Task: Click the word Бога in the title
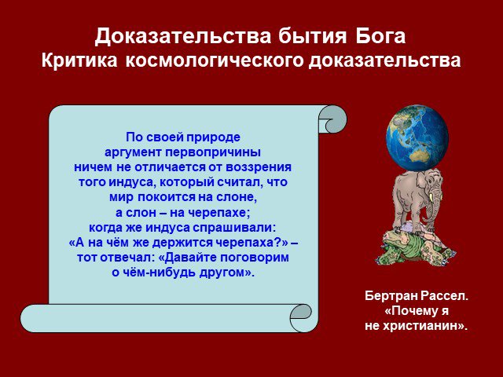(380, 36)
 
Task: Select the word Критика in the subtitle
(79, 60)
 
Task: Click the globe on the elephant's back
(417, 138)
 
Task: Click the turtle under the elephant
(416, 246)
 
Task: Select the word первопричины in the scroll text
(213, 152)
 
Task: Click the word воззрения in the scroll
(259, 167)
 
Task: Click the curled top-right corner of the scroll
(333, 119)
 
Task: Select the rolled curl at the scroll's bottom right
(304, 318)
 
